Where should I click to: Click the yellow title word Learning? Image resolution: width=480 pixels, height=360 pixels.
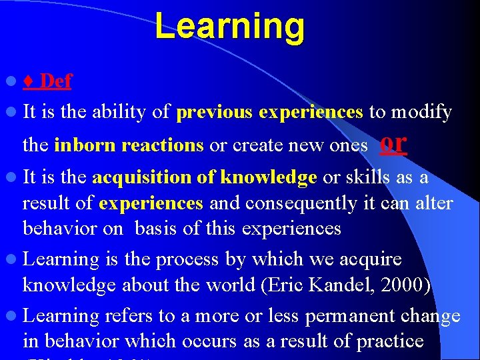pyautogui.click(x=229, y=27)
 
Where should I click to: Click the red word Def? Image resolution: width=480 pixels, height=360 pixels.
pyautogui.click(x=55, y=81)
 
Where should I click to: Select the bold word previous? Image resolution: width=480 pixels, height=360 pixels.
pyautogui.click(x=214, y=112)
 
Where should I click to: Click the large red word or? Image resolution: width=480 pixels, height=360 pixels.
pyautogui.click(x=393, y=142)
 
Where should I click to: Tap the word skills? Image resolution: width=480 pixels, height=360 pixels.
pyautogui.click(x=372, y=177)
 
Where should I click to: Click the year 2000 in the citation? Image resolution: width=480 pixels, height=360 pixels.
pyautogui.click(x=407, y=285)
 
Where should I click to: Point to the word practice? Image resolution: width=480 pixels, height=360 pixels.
pyautogui.click(x=390, y=341)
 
